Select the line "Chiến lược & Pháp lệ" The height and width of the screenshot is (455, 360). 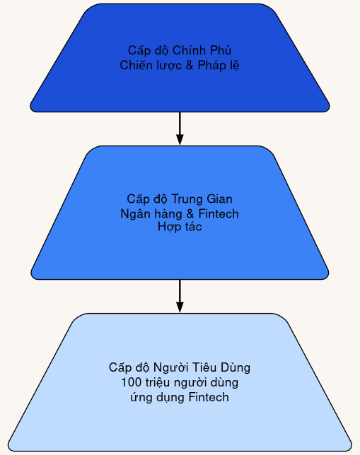[180, 65]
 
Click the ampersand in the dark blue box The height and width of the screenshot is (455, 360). [189, 65]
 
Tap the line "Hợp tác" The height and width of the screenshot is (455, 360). [180, 227]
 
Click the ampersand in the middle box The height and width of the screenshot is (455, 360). [187, 213]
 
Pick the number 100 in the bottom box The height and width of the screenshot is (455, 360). [131, 383]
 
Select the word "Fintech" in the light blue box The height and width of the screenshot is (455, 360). [209, 397]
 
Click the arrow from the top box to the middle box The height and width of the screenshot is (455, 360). [180, 126]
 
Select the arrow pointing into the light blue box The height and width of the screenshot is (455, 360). [180, 293]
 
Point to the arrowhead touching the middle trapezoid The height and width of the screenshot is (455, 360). [180, 139]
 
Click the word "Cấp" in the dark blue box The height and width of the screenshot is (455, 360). [138, 51]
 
